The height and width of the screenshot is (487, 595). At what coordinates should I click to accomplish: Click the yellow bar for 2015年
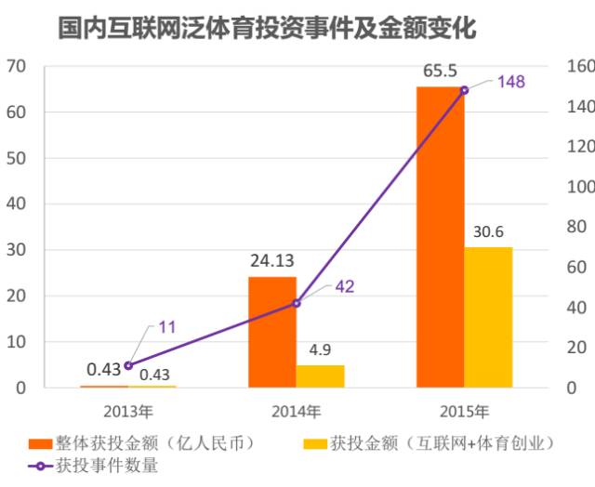[x=488, y=317]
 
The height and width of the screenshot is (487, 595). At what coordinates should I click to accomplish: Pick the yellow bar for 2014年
[x=320, y=375]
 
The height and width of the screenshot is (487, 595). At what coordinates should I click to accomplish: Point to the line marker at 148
[x=464, y=90]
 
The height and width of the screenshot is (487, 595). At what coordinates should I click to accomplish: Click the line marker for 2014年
[x=296, y=303]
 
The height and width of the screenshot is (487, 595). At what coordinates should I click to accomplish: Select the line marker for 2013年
[x=128, y=365]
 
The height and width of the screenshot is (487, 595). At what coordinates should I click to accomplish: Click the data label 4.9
[x=321, y=349]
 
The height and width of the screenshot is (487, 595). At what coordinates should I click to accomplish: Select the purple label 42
[x=344, y=286]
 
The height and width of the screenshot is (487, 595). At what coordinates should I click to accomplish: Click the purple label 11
[x=167, y=327]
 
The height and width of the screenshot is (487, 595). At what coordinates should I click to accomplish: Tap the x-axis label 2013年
[x=128, y=410]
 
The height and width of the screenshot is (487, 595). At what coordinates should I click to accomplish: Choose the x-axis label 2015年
[x=464, y=410]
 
